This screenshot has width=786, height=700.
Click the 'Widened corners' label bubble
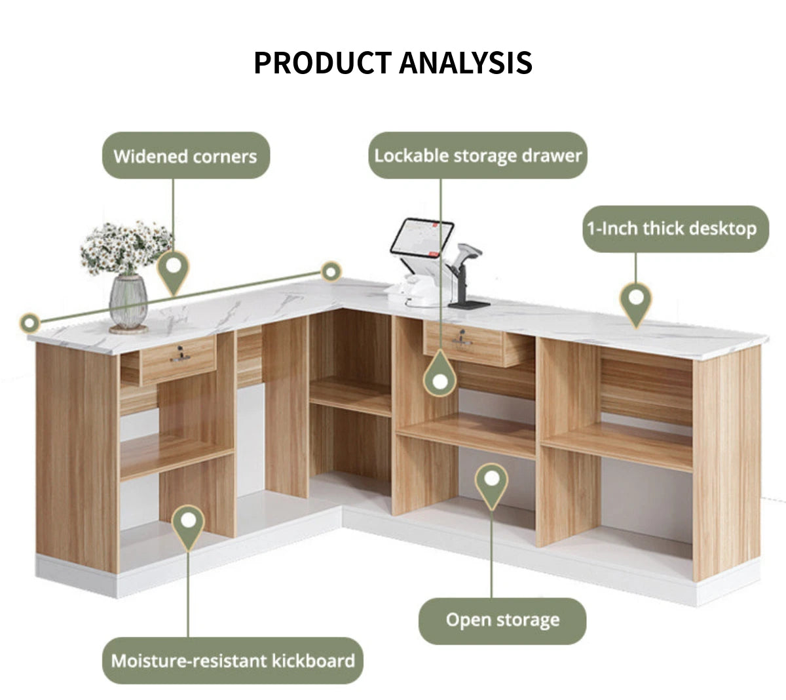pyautogui.click(x=186, y=155)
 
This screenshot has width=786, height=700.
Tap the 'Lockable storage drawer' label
pyautogui.click(x=477, y=155)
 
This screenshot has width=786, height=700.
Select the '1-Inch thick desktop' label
pyautogui.click(x=675, y=229)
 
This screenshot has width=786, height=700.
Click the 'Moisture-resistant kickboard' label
pyautogui.click(x=233, y=661)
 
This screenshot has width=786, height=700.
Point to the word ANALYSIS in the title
pyautogui.click(x=466, y=63)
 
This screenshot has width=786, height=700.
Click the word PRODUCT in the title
pyautogui.click(x=323, y=63)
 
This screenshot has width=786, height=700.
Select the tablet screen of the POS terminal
pyautogui.click(x=422, y=237)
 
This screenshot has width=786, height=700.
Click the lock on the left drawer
pyautogui.click(x=179, y=354)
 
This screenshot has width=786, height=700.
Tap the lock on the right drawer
pyautogui.click(x=461, y=338)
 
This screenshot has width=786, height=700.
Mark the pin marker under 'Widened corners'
pyautogui.click(x=174, y=271)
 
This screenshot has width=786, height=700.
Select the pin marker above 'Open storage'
pyautogui.click(x=491, y=484)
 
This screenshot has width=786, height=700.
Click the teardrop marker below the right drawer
pyautogui.click(x=440, y=374)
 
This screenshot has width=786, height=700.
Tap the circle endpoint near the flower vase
pyautogui.click(x=29, y=322)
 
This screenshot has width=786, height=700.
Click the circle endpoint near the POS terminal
pyautogui.click(x=331, y=271)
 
